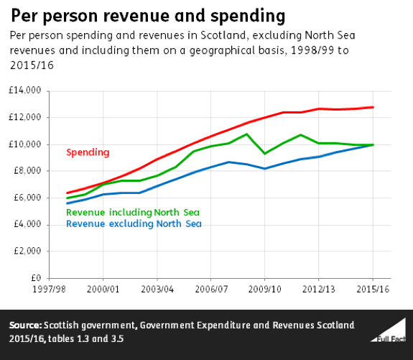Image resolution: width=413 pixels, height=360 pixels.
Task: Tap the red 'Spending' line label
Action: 88,152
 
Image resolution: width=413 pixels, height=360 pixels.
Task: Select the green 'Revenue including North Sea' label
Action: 132,212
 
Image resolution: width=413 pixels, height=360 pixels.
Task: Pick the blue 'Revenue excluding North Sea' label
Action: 134,223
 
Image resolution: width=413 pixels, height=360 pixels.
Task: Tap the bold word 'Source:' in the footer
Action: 25,326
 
